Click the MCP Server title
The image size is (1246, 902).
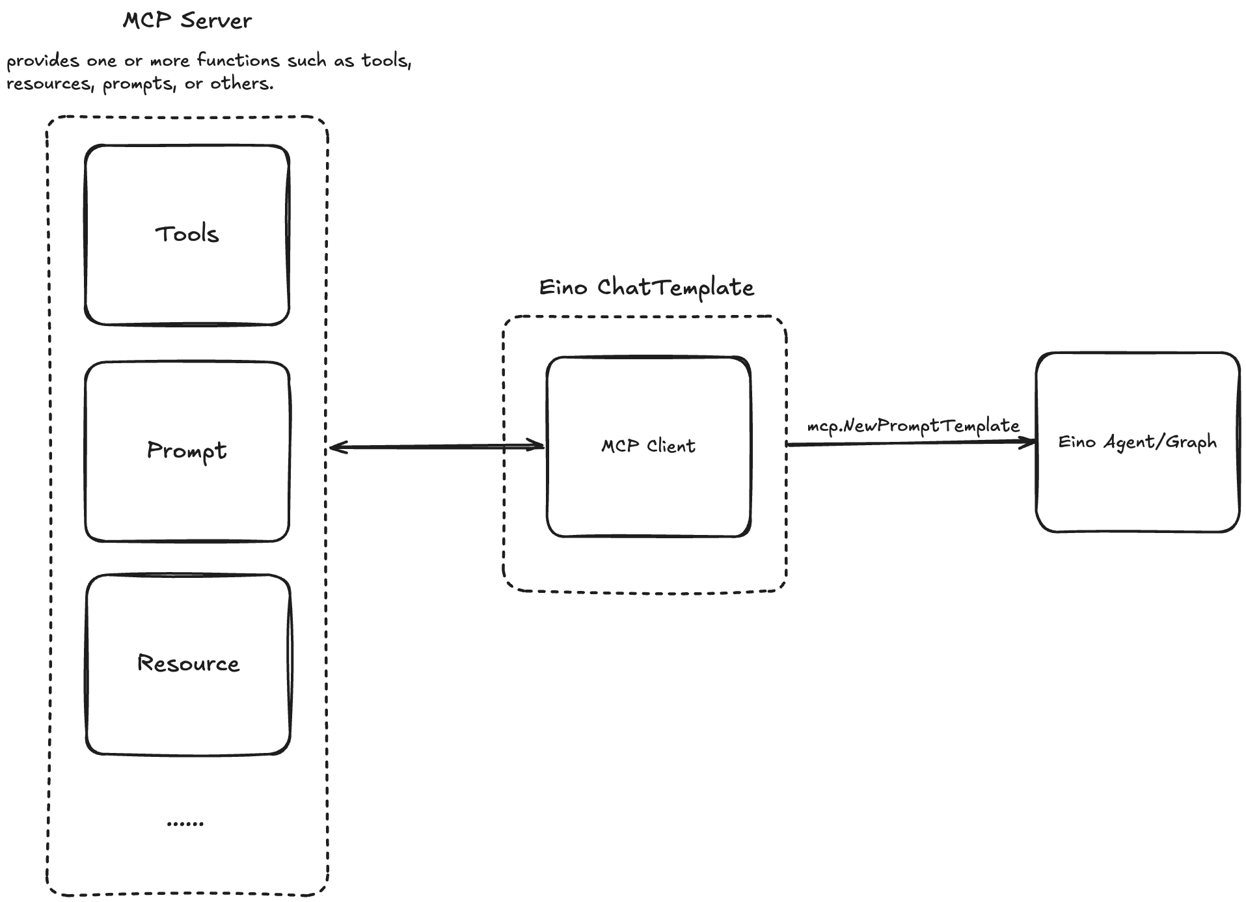pos(187,20)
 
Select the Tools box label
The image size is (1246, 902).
pos(187,234)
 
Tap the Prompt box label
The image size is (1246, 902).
pos(187,450)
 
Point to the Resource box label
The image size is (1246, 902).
pos(188,663)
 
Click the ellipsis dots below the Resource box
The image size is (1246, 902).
pos(185,824)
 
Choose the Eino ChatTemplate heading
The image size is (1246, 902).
pos(646,287)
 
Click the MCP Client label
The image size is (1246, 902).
pos(648,446)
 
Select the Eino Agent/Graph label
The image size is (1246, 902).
pos(1137,442)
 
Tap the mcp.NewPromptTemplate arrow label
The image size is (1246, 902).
pos(913,426)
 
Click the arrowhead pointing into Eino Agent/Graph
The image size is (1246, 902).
pos(1029,443)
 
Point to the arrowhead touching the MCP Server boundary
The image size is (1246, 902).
pos(336,447)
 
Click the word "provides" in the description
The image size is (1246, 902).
pos(43,61)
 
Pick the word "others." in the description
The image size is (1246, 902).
pos(241,84)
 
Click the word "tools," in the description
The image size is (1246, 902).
pos(386,61)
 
